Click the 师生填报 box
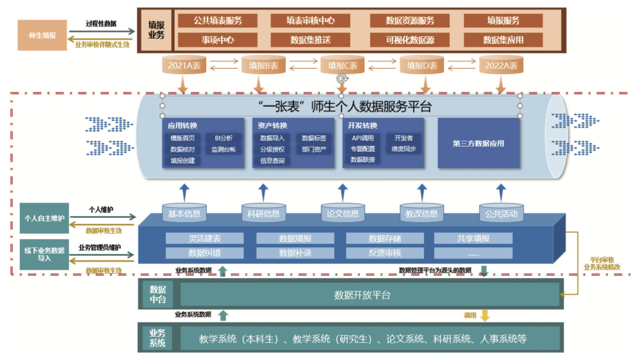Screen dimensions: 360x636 42,35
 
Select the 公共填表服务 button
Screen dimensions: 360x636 218,21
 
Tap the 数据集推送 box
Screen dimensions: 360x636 311,40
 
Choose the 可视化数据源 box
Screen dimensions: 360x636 410,40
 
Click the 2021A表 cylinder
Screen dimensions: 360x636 184,66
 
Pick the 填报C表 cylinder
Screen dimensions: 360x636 342,66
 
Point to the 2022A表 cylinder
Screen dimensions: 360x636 501,66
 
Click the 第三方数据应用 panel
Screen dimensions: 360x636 478,143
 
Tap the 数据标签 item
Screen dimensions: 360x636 314,138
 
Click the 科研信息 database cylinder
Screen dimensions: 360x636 263,214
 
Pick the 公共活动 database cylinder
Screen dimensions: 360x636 501,214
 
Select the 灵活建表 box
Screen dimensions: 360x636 204,239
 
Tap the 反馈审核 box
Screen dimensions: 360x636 385,253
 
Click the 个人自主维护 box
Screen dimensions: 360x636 44,218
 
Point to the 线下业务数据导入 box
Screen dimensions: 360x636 44,255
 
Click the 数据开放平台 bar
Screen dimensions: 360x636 362,295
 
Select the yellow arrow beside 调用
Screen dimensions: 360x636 485,315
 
